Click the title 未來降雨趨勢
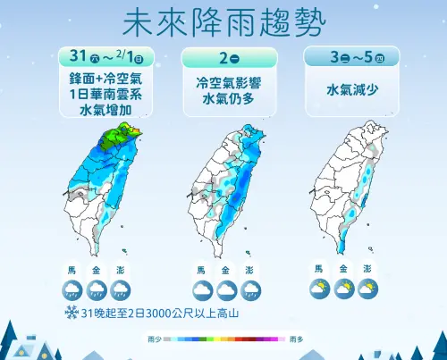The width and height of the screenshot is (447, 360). coord(223,21)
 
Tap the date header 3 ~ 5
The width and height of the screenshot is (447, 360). coord(344,57)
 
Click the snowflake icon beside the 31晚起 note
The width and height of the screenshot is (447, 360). coord(70,313)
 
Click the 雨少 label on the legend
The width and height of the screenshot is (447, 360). coord(155,339)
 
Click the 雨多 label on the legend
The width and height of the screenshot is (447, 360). coord(295,339)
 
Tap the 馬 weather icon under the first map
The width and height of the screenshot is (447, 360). coord(73,289)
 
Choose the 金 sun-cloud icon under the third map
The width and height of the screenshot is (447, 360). coord(343,289)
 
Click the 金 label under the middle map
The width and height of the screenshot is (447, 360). coord(224,270)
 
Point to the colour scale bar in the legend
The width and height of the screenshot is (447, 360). coord(224,339)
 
